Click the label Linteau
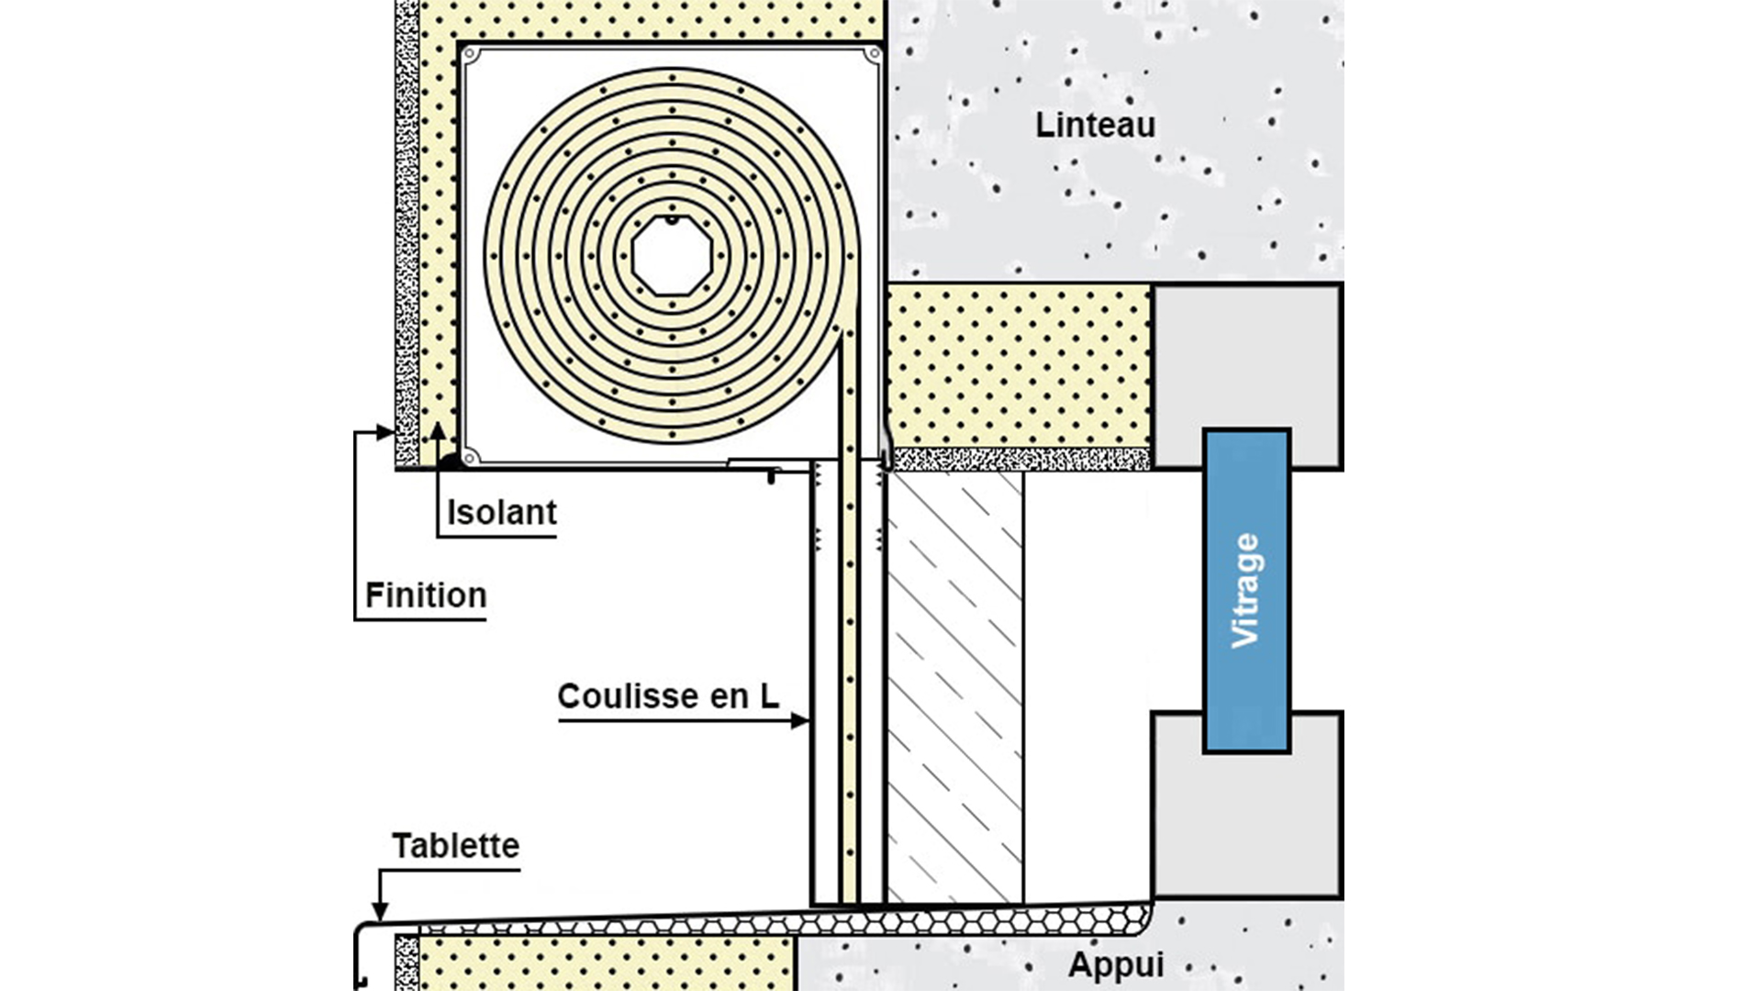(x=1095, y=125)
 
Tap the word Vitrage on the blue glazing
(x=1245, y=591)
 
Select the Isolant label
(x=502, y=512)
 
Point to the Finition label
(x=426, y=595)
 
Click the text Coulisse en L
(x=668, y=696)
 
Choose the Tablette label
(x=455, y=845)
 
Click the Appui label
(x=1116, y=965)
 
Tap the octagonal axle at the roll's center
(x=672, y=256)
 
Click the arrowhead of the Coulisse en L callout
(x=800, y=721)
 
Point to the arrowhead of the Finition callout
(x=385, y=432)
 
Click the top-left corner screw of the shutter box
(x=471, y=55)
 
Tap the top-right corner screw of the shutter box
(x=873, y=55)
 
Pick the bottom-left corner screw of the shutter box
(x=470, y=457)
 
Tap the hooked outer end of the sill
(x=358, y=954)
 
